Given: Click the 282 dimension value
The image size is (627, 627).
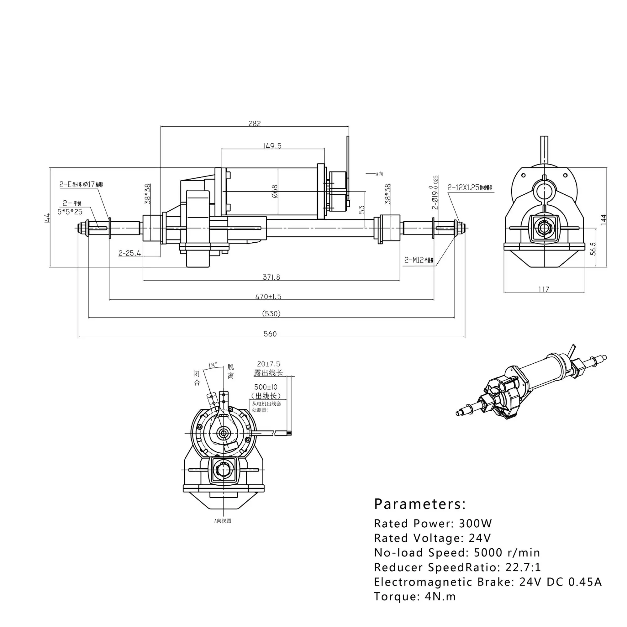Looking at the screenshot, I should click(255, 124).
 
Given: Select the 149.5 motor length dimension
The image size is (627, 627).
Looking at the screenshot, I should click(272, 146).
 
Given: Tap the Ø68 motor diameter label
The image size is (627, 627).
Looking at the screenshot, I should click(275, 192).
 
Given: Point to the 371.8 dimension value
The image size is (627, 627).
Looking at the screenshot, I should click(271, 277).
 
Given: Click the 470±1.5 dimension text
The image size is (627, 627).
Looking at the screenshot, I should click(268, 297).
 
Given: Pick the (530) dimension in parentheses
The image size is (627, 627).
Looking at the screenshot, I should click(271, 314).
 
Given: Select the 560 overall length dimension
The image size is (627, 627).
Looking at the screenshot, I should click(270, 334).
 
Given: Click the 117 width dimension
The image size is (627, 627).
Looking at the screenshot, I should click(544, 289).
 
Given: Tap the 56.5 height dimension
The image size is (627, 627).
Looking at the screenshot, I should click(593, 249).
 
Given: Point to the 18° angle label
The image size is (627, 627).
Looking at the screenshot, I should click(213, 366).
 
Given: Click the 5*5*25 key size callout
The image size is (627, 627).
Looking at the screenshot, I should click(70, 212).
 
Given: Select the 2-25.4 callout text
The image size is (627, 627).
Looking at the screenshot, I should click(130, 253).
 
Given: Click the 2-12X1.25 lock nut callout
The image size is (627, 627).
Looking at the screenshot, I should click(463, 187).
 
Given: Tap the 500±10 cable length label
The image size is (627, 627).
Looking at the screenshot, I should click(266, 387).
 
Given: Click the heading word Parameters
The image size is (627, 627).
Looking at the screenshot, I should click(420, 504).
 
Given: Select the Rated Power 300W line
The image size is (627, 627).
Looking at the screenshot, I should click(433, 524).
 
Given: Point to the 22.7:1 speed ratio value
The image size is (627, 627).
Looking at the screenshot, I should click(523, 567).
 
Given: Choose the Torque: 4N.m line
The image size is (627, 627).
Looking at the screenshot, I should click(415, 597).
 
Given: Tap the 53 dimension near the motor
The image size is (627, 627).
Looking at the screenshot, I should click(362, 209).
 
